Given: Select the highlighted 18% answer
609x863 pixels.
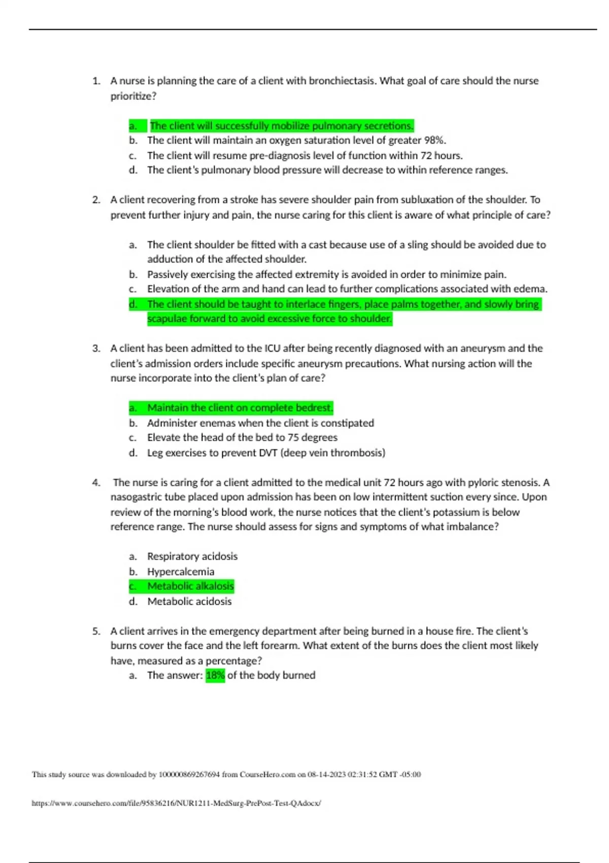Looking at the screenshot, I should [215, 675].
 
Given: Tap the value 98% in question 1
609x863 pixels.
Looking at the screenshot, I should [434, 140].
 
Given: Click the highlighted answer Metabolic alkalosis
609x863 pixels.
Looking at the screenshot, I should [190, 586].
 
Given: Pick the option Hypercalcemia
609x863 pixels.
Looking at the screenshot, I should [181, 572].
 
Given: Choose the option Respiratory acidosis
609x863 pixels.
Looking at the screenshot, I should [192, 556].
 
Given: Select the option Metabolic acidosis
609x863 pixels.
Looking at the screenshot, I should [189, 602].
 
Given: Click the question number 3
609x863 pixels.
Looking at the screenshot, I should [96, 349].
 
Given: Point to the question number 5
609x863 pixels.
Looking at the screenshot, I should [96, 632].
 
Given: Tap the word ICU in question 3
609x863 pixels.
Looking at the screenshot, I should [272, 349].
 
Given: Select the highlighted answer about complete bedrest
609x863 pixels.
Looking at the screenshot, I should [240, 408].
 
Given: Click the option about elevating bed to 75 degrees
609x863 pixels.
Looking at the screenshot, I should [242, 438].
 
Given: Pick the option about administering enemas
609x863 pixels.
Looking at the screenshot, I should [260, 423].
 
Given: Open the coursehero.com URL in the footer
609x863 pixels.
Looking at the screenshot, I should [176, 803].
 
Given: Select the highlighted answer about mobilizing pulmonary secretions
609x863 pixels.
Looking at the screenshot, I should [282, 126].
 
